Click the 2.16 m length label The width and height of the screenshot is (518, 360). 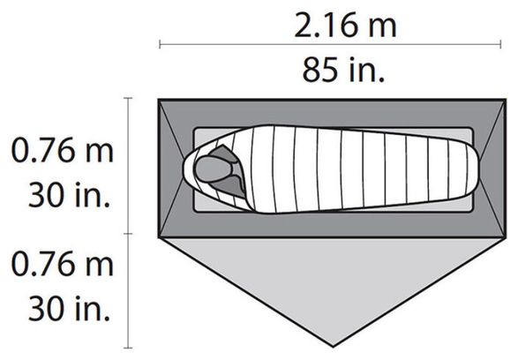pyautogui.click(x=345, y=25)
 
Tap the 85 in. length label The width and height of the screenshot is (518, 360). pyautogui.click(x=343, y=70)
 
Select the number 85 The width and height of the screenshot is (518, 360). pyautogui.click(x=320, y=70)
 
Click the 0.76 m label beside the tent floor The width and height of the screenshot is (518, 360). pyautogui.click(x=62, y=151)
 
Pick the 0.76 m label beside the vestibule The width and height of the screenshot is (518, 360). pyautogui.click(x=62, y=264)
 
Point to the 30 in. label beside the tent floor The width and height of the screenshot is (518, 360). pyautogui.click(x=69, y=195)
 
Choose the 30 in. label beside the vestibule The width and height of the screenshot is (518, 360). pyautogui.click(x=69, y=309)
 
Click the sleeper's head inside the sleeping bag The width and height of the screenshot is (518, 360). pyautogui.click(x=213, y=169)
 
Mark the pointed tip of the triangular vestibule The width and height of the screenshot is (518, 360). pyautogui.click(x=333, y=347)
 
